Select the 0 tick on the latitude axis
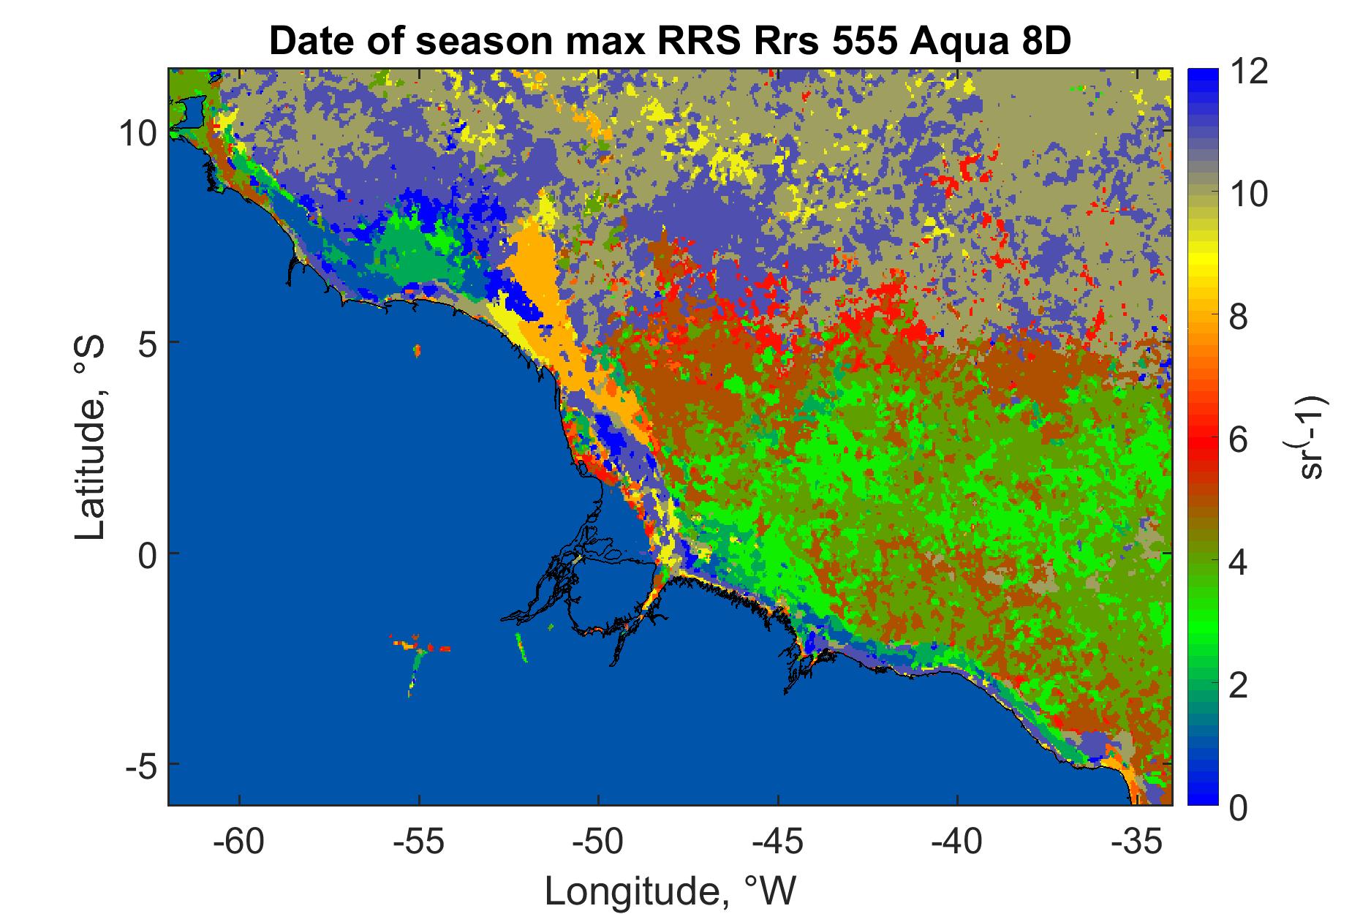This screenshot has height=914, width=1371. pyautogui.click(x=144, y=554)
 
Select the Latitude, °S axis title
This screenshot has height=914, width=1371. pyautogui.click(x=91, y=438)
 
